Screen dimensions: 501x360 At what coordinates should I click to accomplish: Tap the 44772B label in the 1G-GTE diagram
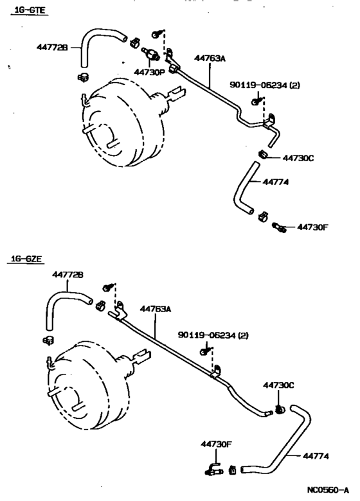pos(52,46)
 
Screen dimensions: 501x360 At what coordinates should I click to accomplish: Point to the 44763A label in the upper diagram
pos(211,58)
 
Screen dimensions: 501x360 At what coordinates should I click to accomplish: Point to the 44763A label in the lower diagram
pos(156,309)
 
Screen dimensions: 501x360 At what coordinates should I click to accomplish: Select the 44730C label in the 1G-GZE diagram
pos(278,385)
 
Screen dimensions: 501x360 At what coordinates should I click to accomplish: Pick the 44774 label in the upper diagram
pos(276,182)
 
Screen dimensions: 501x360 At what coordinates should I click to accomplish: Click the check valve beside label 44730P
pos(151,55)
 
